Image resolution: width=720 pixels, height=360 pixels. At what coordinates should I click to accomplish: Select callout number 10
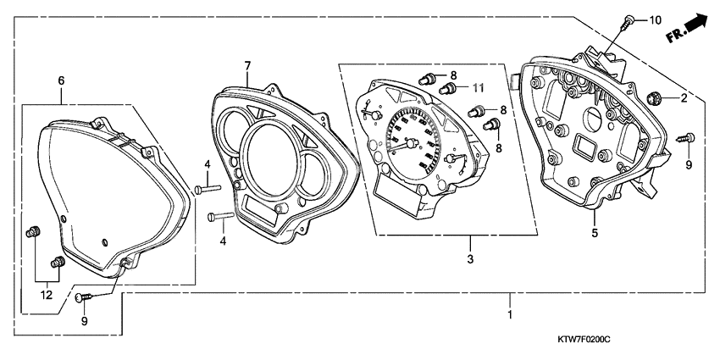click(x=655, y=19)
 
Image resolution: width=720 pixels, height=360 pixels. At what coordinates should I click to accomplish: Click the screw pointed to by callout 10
click(x=626, y=22)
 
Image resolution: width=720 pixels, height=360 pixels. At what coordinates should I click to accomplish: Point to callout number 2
click(x=684, y=97)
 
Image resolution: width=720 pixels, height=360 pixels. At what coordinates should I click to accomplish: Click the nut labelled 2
click(x=653, y=97)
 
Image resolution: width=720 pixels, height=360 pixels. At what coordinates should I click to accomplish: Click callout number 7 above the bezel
click(x=247, y=65)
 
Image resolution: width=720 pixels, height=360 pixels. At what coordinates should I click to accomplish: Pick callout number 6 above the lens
click(x=61, y=80)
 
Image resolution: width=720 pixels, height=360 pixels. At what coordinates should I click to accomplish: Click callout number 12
click(x=47, y=296)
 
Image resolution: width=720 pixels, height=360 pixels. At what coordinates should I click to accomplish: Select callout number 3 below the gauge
click(x=470, y=259)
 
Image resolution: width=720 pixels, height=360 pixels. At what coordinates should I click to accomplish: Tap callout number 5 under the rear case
click(x=595, y=233)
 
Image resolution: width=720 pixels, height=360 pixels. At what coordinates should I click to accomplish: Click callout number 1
click(x=510, y=315)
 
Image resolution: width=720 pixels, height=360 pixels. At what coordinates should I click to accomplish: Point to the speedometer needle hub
click(x=412, y=143)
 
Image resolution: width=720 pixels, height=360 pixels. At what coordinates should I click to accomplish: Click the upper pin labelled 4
click(x=208, y=188)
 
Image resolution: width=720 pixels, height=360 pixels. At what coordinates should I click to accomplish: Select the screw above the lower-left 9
click(x=84, y=297)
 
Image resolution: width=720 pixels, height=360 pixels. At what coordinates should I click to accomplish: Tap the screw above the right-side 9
click(x=686, y=137)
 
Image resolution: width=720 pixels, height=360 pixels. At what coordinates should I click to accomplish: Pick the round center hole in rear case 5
click(x=592, y=119)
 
